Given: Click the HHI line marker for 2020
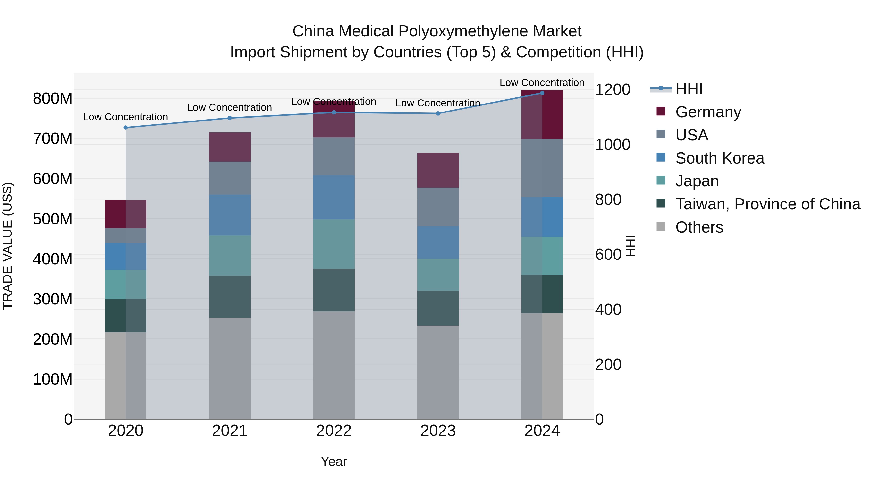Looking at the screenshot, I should (x=126, y=128).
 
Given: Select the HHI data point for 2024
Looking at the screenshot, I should (x=542, y=93).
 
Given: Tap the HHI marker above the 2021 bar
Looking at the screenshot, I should (x=230, y=118).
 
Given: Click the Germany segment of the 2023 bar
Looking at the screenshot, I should (x=438, y=171).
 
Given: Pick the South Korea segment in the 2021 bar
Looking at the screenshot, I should (x=230, y=215).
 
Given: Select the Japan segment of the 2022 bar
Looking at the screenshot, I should (x=334, y=244).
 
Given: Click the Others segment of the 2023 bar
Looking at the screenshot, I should (x=438, y=372).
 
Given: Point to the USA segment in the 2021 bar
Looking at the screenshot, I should (x=230, y=178).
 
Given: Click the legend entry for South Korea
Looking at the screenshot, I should (x=719, y=158).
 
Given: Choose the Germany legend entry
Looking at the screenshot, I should (x=708, y=112).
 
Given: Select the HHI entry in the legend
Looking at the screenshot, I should (x=689, y=89).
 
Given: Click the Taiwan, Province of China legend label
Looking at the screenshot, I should (x=767, y=204).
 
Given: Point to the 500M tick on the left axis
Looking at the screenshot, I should (x=53, y=219).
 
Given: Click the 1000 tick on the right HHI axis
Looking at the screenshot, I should (x=613, y=145).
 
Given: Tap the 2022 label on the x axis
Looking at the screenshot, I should (x=334, y=431).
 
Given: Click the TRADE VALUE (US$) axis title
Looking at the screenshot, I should (x=8, y=246).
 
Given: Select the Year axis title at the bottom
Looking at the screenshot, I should (x=334, y=461).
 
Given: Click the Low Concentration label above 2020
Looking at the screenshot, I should (x=126, y=117).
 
